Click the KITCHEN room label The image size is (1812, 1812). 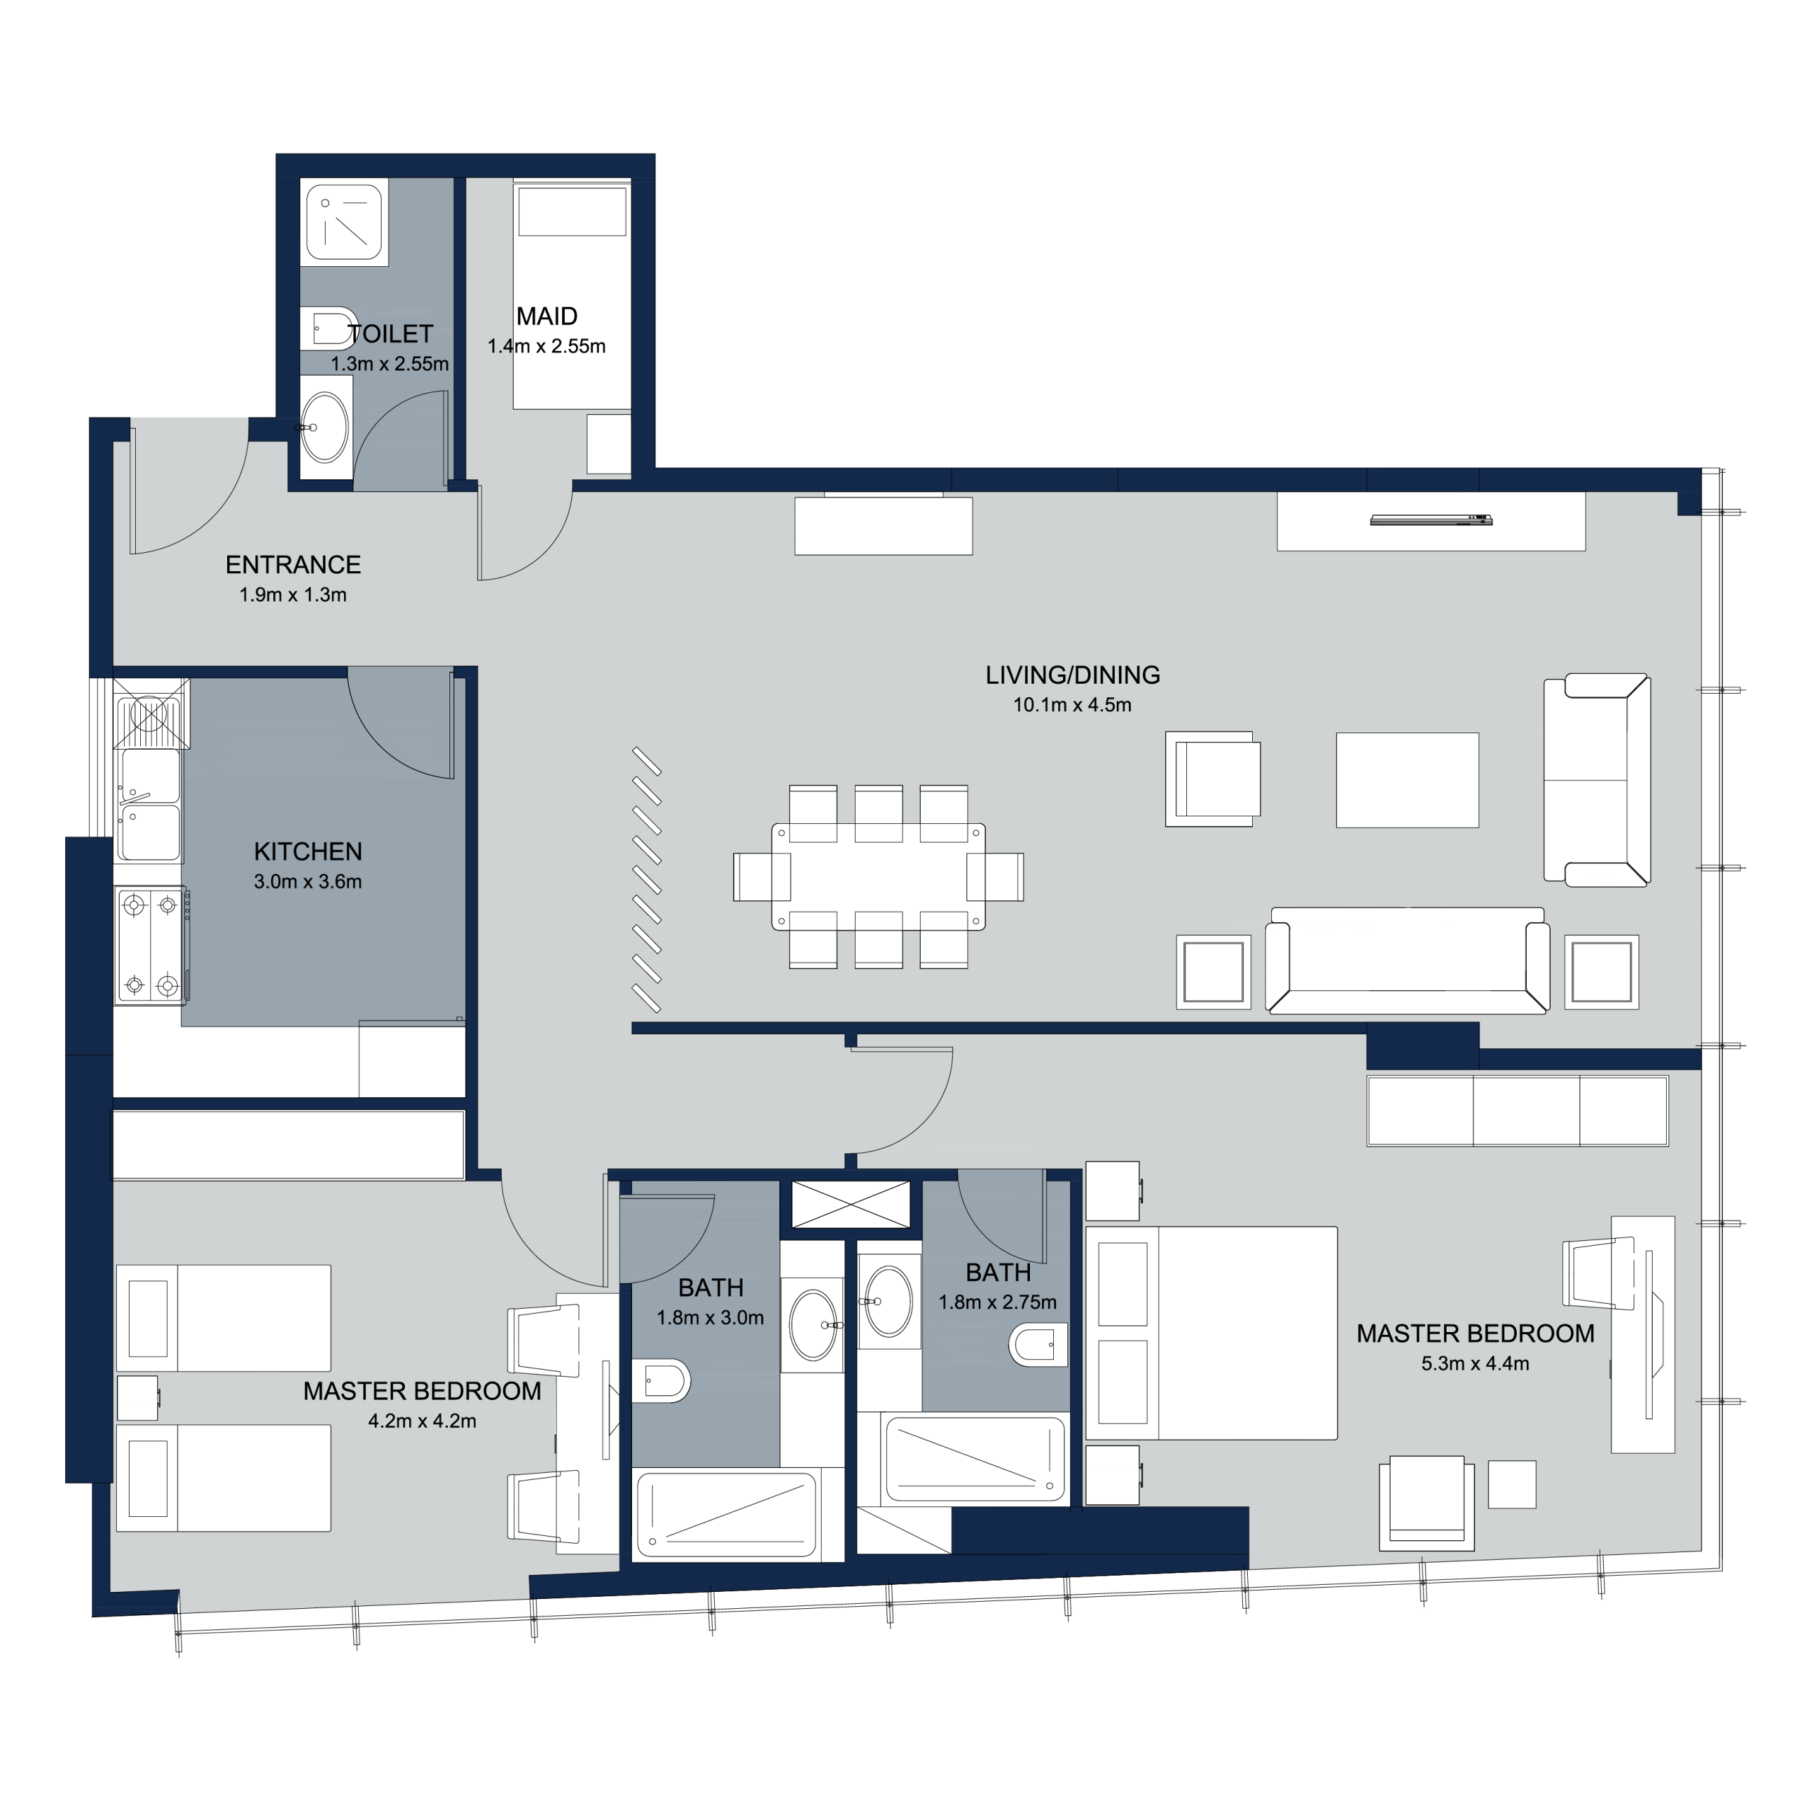[x=308, y=851]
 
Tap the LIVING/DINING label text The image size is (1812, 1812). [x=1073, y=675]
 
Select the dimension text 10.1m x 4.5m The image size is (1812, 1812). [x=1072, y=705]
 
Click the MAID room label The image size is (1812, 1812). [x=547, y=317]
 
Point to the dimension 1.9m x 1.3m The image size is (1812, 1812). [x=292, y=595]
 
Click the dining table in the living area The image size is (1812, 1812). [x=879, y=877]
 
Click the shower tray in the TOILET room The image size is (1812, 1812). [x=344, y=222]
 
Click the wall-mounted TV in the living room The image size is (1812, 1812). [x=1431, y=519]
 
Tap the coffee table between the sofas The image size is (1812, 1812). [x=1408, y=780]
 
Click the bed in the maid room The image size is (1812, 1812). [x=571, y=294]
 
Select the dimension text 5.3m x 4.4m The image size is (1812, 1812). [x=1475, y=1364]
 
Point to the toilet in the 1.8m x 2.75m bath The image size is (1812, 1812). [x=1039, y=1345]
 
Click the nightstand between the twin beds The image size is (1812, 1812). [x=137, y=1397]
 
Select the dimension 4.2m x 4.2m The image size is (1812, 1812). [x=422, y=1421]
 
